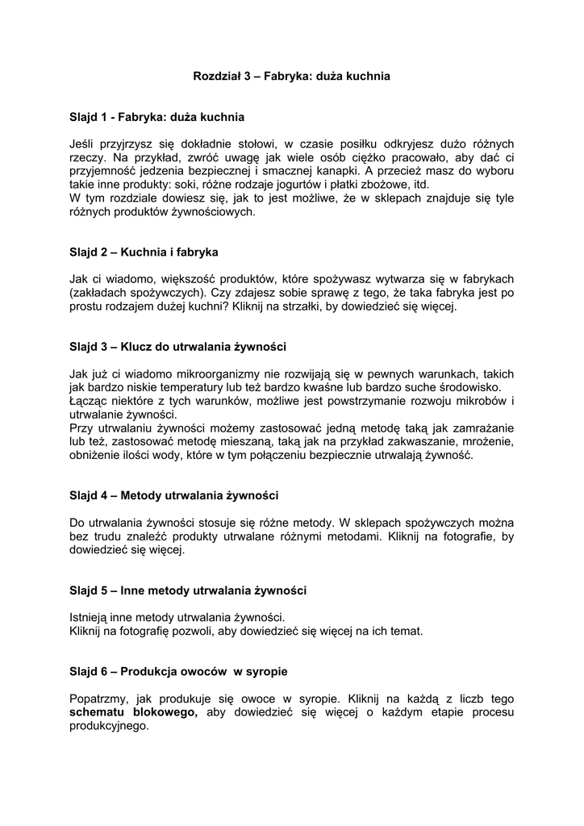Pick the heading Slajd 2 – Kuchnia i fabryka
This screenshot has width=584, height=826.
tap(144, 252)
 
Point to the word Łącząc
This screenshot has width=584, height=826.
tap(89, 401)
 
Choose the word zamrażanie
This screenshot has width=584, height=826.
tap(478, 428)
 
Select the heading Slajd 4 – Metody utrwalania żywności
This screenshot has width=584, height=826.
tap(173, 495)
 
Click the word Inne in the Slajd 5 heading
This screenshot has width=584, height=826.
tap(134, 590)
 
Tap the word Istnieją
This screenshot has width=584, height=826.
tap(92, 617)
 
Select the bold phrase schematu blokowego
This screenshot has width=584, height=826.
tap(134, 712)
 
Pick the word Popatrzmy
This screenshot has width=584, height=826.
tap(100, 699)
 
